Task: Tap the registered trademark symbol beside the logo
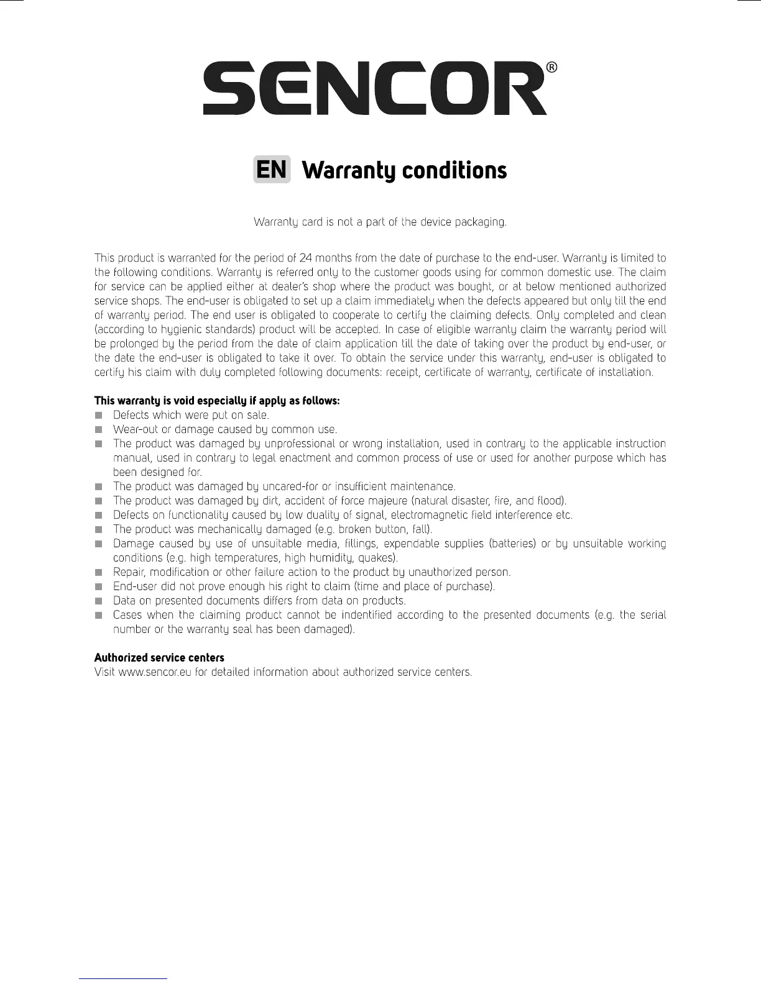551,68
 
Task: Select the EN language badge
272,170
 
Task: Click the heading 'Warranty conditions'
404,170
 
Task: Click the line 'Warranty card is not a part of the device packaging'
380,222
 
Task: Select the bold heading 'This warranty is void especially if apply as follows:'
217,401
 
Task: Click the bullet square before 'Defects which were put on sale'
98,415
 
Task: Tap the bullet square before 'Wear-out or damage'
98,429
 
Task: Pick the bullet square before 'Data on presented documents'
98,601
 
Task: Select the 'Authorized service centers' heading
159,657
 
